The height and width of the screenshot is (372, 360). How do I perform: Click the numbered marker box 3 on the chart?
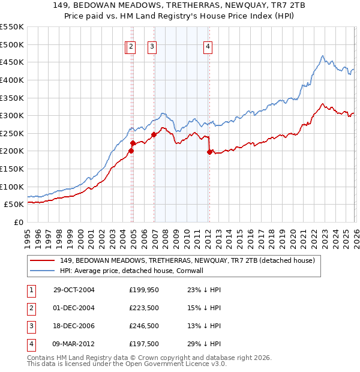coord(152,48)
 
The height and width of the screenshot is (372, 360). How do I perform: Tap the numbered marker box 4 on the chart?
coord(208,48)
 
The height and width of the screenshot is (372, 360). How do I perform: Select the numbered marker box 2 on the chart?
coord(132,48)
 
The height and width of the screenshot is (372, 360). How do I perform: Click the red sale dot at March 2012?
coord(209,152)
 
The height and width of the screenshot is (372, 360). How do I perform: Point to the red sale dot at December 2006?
coord(154,134)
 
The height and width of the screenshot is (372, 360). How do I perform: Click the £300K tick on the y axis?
coord(12,115)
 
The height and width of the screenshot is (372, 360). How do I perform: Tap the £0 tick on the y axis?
coord(19,222)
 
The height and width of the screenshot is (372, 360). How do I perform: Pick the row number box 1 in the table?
coord(30,290)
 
